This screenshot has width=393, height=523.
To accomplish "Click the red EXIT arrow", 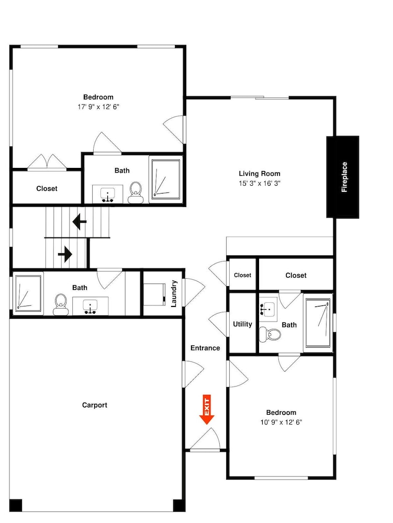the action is click(x=207, y=410).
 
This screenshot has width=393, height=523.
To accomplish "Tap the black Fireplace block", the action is click(x=343, y=177).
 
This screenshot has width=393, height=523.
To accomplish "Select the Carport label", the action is click(x=95, y=405).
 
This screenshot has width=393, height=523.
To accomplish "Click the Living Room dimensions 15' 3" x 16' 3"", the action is click(x=260, y=183).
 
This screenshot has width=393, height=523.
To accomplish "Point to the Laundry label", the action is click(x=174, y=293).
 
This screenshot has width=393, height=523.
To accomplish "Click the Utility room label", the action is click(x=242, y=324).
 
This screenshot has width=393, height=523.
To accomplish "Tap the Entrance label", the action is click(x=205, y=348).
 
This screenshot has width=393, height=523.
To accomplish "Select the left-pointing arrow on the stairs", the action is click(x=80, y=222).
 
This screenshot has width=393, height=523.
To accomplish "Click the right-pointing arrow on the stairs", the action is click(x=65, y=255).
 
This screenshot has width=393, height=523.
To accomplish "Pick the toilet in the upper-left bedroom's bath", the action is click(x=136, y=193).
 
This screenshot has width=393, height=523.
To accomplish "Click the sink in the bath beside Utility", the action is click(x=268, y=309).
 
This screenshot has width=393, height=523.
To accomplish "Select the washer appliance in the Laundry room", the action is click(x=154, y=294).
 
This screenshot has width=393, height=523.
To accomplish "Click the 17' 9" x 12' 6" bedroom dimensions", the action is click(x=98, y=107).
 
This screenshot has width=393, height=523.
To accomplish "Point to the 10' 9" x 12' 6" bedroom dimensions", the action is click(x=281, y=422).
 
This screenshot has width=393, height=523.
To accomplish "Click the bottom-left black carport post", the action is click(x=16, y=505).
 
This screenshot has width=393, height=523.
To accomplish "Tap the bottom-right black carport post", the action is click(x=179, y=505).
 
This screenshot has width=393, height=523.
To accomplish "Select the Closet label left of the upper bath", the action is click(x=47, y=189).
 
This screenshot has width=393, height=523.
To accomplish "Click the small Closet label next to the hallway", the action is click(x=242, y=275).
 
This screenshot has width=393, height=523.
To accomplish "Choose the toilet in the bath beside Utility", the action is click(x=270, y=334).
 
